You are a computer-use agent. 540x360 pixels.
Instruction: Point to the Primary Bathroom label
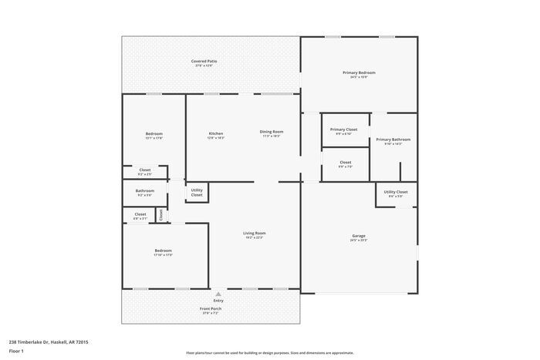[393, 140]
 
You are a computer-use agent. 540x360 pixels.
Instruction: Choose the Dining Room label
[271, 132]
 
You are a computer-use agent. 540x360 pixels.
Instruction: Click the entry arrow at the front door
[218, 293]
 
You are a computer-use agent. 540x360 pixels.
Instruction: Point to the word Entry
[218, 301]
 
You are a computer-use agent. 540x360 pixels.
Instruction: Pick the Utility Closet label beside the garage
[396, 192]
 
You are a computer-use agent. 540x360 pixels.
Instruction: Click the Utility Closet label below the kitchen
[197, 192]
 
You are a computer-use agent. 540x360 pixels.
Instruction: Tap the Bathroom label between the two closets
[145, 190]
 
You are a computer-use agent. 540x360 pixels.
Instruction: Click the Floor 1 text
[16, 351]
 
